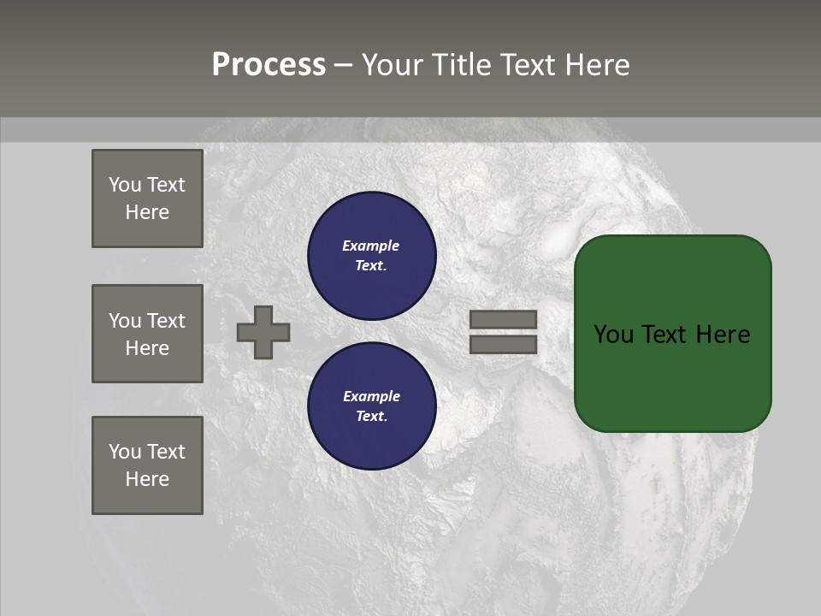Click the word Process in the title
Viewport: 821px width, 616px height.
click(x=269, y=65)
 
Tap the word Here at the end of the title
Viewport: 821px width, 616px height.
click(x=594, y=65)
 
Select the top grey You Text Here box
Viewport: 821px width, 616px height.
click(x=147, y=198)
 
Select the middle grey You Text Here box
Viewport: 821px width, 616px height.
click(x=147, y=334)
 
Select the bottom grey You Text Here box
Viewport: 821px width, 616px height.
click(x=147, y=465)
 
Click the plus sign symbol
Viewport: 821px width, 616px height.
click(x=263, y=332)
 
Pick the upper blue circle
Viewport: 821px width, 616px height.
click(x=371, y=255)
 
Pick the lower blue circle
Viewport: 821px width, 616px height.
click(x=371, y=406)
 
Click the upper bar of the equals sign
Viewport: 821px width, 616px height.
click(x=504, y=319)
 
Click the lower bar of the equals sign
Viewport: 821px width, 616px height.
click(x=504, y=345)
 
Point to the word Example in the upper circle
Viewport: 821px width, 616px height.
click(x=370, y=246)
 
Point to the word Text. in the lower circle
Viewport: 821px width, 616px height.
click(x=371, y=416)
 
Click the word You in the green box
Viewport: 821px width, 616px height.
click(x=614, y=335)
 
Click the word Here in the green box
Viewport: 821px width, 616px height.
click(x=723, y=335)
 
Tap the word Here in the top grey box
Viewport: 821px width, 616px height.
click(x=147, y=212)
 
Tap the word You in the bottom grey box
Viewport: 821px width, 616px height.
click(x=125, y=452)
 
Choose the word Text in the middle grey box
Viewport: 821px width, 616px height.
click(x=166, y=321)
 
